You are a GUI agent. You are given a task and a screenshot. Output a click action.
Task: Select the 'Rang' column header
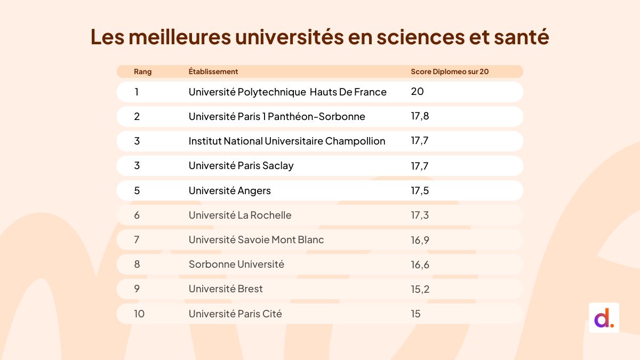[x=142, y=71]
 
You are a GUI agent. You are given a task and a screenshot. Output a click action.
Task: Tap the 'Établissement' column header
[x=213, y=71]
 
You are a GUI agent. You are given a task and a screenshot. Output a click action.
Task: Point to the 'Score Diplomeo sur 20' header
[x=450, y=71]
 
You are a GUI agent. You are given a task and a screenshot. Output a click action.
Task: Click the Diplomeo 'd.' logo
[x=604, y=318]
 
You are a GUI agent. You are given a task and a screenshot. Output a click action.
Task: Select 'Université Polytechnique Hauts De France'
[x=287, y=92]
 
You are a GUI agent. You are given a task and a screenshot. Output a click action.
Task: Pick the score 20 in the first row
[x=417, y=92]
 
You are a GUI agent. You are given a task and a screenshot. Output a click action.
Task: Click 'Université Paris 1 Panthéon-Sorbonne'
[x=277, y=116]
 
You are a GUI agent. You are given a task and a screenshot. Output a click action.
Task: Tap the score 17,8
[x=420, y=116]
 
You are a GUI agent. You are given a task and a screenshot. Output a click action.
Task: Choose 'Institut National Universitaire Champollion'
[x=287, y=141]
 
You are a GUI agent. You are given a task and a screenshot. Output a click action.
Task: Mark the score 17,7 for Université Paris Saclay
[x=420, y=166]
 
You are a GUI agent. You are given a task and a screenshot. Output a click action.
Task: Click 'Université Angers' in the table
[x=230, y=190]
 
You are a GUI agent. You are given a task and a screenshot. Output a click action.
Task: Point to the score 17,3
[x=420, y=215]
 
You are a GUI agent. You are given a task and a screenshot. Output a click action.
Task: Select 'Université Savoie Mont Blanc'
[x=256, y=239]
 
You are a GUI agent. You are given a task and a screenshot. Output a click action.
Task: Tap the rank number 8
[x=137, y=264]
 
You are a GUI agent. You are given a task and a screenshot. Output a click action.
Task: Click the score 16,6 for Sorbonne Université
[x=420, y=265]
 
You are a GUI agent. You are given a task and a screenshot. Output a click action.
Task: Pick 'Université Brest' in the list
[x=226, y=289]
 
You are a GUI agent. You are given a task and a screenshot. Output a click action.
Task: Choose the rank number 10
[x=139, y=314]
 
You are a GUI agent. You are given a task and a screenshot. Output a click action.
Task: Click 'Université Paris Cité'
[x=235, y=314]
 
